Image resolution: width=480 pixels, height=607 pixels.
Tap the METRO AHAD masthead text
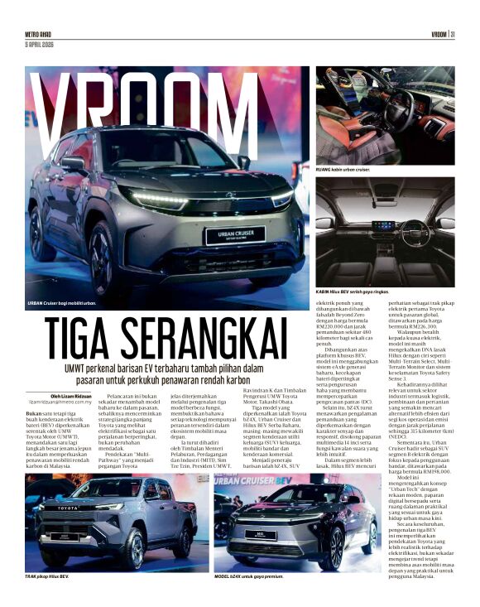click(40, 34)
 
